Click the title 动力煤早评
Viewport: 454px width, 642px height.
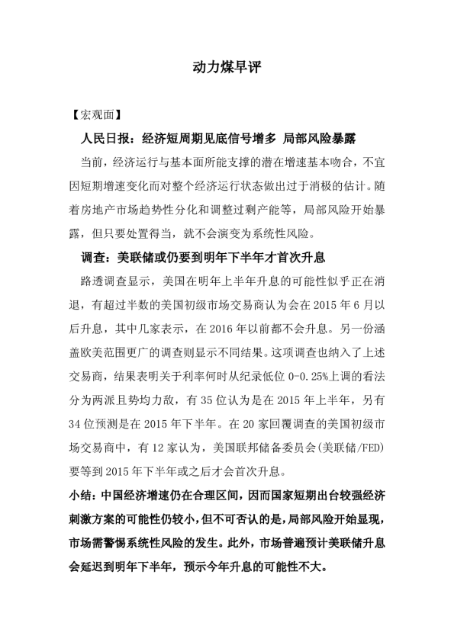[227, 68]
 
